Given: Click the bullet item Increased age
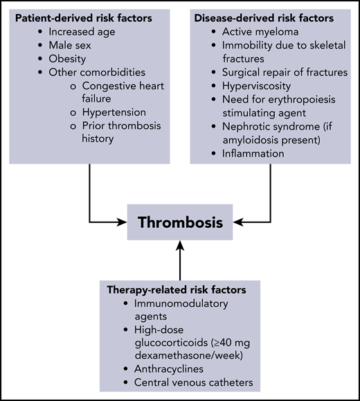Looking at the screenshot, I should [x=88, y=32].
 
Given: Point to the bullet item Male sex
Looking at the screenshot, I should [x=77, y=46].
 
